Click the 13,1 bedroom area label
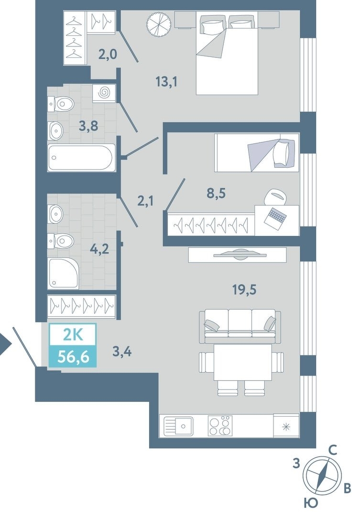[167, 81]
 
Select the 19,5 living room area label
[244, 290]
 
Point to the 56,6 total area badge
[73, 356]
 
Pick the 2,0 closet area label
[108, 54]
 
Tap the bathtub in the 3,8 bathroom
[81, 157]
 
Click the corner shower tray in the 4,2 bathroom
[64, 273]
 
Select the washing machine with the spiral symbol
[104, 93]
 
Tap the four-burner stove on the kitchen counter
[220, 426]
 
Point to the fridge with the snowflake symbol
[286, 426]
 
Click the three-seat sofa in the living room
[240, 326]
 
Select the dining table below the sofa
[243, 362]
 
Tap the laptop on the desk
[275, 217]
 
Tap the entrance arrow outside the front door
[5, 344]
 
